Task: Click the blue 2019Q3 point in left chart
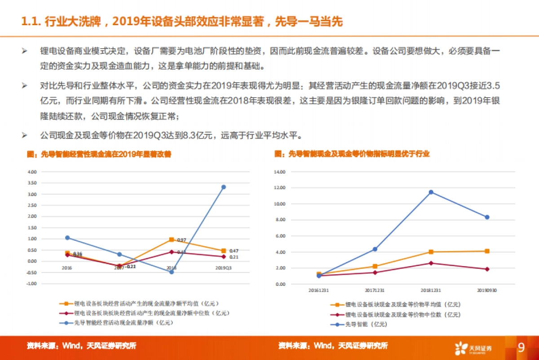point(224,187)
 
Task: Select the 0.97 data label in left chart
point(181,240)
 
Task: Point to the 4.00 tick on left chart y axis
point(31,172)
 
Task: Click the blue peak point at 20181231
point(431,192)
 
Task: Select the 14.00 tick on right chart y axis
point(279,172)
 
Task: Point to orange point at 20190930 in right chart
point(486,251)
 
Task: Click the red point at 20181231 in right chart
point(431,263)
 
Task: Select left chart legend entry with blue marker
point(117,322)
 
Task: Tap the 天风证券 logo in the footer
point(473,348)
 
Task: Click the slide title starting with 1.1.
point(182,22)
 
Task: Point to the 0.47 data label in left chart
point(234,251)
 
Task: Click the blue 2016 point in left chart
point(67,237)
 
